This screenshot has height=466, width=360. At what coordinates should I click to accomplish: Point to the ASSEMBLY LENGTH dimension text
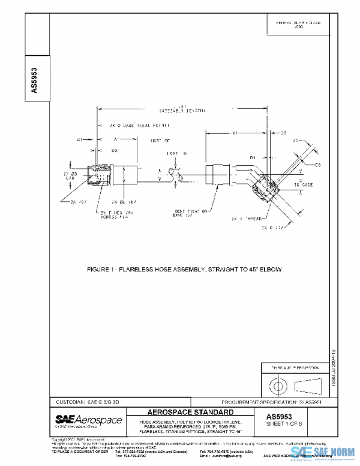[x=182, y=110]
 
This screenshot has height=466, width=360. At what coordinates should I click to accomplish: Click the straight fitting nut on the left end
[x=100, y=175]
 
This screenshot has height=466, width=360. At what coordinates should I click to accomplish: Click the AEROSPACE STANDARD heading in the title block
[x=190, y=413]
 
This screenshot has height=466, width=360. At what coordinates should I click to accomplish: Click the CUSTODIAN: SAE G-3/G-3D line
[x=85, y=401]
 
